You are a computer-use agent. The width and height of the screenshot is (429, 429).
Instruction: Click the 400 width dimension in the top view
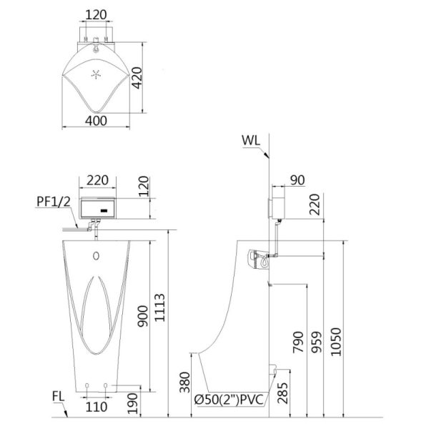pyautogui.click(x=96, y=121)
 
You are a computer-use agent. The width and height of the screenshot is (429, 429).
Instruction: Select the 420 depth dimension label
pyautogui.click(x=137, y=78)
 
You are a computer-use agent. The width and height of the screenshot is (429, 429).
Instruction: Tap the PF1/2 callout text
pyautogui.click(x=54, y=202)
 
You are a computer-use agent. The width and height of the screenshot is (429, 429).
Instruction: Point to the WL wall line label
pyautogui.click(x=251, y=141)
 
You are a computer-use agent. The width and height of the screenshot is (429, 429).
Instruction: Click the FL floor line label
pyautogui.click(x=59, y=397)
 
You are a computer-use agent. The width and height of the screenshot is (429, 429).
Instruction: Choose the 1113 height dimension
pyautogui.click(x=159, y=307)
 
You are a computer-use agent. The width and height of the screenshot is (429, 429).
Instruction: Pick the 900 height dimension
pyautogui.click(x=142, y=316)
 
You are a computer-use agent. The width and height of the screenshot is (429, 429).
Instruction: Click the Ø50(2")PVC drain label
pyautogui.click(x=229, y=400)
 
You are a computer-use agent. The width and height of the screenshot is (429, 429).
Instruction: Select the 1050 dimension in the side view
pyautogui.click(x=336, y=342)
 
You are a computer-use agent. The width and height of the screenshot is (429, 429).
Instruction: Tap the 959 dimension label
pyautogui.click(x=317, y=342)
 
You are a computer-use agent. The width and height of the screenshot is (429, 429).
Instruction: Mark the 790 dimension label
pyautogui.click(x=298, y=342)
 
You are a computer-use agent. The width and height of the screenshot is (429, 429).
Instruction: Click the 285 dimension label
pyautogui.click(x=282, y=393)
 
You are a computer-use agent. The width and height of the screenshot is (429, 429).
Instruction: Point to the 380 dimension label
pyautogui.click(x=184, y=383)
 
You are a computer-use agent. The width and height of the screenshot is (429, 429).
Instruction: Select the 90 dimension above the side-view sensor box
pyautogui.click(x=297, y=180)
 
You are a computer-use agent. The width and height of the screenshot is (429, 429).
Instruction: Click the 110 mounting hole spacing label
pyautogui.click(x=97, y=407)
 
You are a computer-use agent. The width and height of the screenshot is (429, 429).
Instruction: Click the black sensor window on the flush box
pyautogui.click(x=105, y=211)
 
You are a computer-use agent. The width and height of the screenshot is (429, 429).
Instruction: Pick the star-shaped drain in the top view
pyautogui.click(x=96, y=74)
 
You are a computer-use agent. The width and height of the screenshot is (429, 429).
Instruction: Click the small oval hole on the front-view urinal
pyautogui.click(x=96, y=256)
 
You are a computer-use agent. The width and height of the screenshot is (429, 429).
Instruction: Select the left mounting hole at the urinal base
pyautogui.click(x=87, y=385)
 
